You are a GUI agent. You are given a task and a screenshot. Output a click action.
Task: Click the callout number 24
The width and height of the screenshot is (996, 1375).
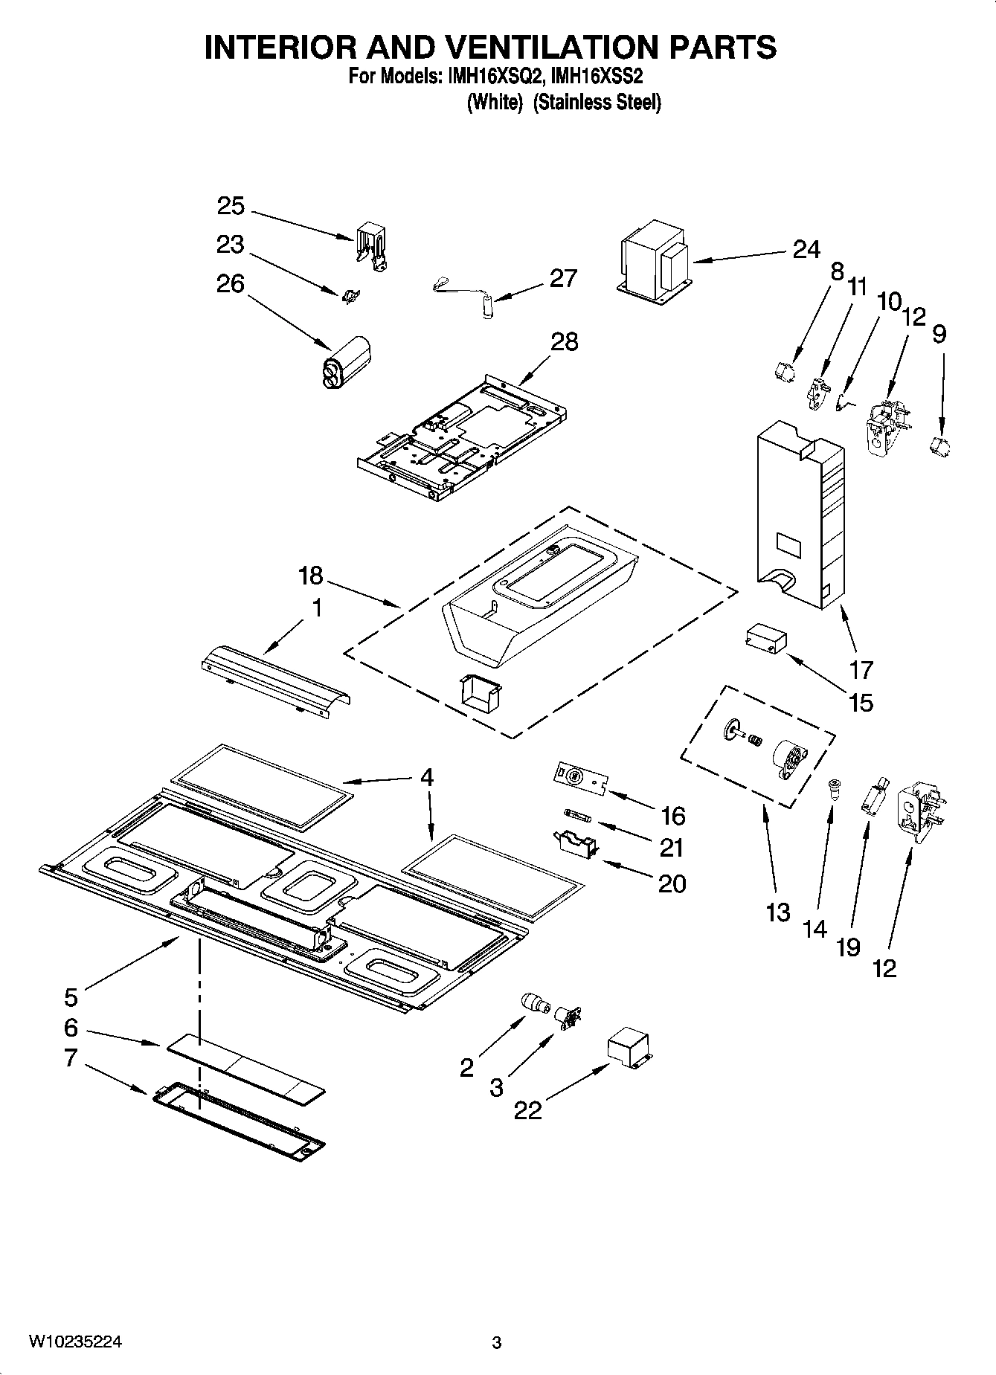(806, 249)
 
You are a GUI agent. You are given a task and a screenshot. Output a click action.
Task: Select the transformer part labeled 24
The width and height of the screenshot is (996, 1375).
(653, 261)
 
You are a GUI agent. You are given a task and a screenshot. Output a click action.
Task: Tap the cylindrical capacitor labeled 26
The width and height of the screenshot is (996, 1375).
(345, 361)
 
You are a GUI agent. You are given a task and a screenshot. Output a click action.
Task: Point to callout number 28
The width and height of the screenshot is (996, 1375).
(565, 341)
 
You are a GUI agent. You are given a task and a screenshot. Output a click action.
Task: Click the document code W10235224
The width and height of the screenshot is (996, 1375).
(75, 1342)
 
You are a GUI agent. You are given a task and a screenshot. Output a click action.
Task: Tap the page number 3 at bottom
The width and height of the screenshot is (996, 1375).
(497, 1343)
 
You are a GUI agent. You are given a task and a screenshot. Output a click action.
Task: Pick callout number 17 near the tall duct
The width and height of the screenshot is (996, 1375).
(861, 669)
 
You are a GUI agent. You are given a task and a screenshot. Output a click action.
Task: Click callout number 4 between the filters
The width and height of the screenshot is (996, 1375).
(426, 777)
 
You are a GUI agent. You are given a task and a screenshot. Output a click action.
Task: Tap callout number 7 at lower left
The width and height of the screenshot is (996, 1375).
(71, 1057)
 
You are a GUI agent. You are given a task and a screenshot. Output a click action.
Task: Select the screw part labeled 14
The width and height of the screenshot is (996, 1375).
(833, 788)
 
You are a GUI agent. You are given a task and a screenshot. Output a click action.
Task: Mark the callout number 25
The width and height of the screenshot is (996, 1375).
(231, 206)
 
